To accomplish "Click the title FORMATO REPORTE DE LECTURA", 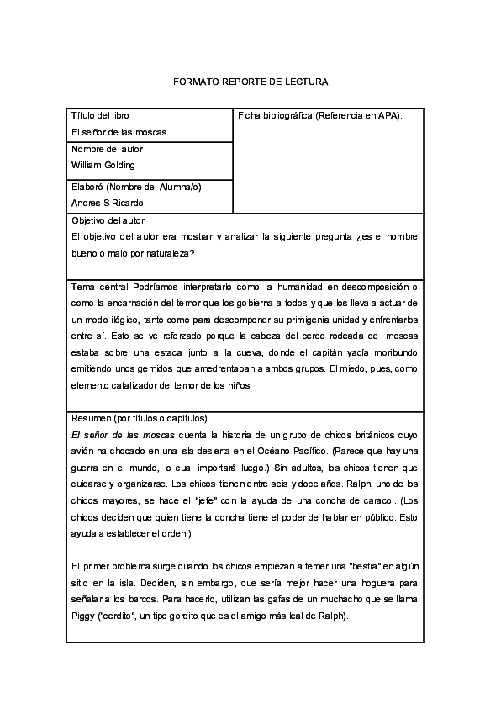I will point(250,82).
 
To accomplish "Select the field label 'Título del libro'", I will point(100,115).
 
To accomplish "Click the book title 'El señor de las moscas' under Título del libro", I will point(119,132).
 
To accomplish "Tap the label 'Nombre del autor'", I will point(107,149).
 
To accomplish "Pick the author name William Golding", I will point(103,165).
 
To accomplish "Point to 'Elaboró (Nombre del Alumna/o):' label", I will point(138,186).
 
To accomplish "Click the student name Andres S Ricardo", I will point(108,203).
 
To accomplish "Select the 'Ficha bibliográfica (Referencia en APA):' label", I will point(320,115).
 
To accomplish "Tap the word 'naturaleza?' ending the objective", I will point(171,253).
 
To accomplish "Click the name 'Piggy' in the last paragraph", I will point(85,615).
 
